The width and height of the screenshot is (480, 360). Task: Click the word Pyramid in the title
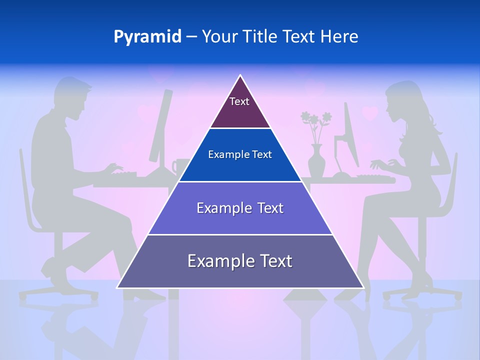tap(147, 37)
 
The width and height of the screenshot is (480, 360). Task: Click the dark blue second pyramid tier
tap(240, 155)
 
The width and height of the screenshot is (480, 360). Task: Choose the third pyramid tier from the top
tap(240, 208)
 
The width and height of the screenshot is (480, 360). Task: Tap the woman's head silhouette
tap(407, 102)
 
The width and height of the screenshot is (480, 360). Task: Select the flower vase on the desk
tap(316, 160)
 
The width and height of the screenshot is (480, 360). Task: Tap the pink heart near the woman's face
tap(370, 113)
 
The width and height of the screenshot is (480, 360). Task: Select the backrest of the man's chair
tap(25, 190)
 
